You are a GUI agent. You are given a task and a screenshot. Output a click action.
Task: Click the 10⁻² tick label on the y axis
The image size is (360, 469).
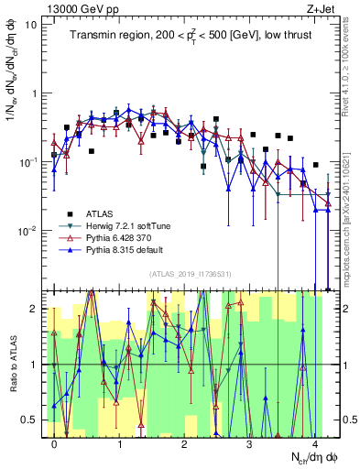(27, 231)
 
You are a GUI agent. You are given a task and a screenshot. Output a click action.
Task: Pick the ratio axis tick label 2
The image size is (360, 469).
(34, 309)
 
